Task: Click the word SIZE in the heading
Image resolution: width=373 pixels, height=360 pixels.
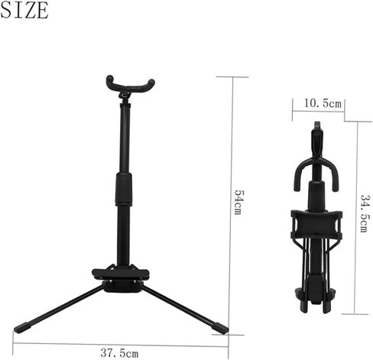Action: pos(26,11)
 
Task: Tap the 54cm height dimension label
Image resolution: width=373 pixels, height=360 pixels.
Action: pos(238,203)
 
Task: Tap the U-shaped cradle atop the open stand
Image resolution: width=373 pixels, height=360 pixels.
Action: pos(130,85)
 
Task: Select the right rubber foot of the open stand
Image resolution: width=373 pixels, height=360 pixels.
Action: pos(222,329)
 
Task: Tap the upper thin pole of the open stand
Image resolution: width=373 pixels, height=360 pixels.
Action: pos(123,138)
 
